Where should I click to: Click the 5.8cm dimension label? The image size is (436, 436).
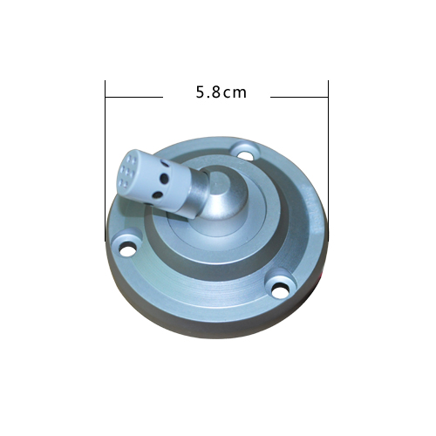point(221,92)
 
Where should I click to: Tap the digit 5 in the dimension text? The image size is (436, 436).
point(201,92)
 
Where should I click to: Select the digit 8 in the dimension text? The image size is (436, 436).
point(215,92)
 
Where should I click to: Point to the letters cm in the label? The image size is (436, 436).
point(235,93)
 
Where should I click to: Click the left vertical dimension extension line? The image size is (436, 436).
point(105,160)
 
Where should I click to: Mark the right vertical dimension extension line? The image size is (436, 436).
point(328,160)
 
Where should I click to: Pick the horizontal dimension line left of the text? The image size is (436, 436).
point(134,97)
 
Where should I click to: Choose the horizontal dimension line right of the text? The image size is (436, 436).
point(299,97)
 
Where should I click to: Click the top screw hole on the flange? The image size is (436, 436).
point(247,153)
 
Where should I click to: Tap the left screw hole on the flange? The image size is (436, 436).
point(127,250)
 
